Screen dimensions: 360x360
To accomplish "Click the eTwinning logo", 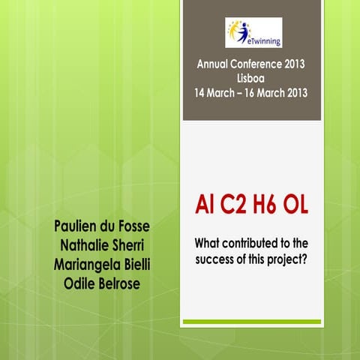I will [x=253, y=32].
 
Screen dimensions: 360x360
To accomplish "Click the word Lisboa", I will [x=253, y=79].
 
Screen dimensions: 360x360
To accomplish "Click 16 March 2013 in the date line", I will [x=277, y=92].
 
